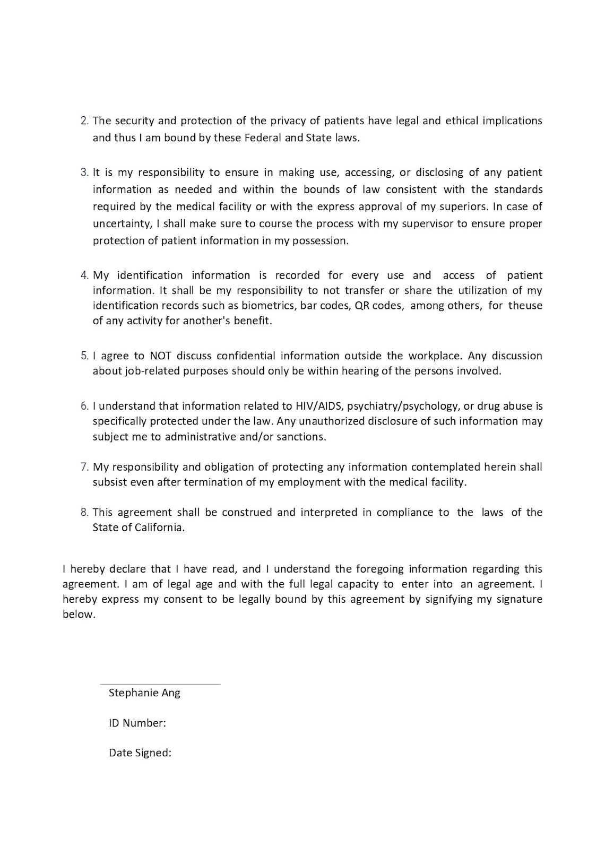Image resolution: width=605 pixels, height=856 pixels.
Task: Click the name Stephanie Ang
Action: click(x=144, y=693)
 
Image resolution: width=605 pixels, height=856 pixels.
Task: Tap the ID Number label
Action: click(x=137, y=723)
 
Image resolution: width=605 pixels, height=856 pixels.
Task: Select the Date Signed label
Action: click(x=140, y=753)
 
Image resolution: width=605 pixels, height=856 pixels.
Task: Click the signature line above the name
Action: click(x=160, y=684)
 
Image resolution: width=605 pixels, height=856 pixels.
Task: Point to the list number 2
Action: click(x=84, y=121)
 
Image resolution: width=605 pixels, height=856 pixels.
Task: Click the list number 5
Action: click(x=84, y=356)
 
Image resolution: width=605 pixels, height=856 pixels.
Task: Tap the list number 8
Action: click(x=84, y=513)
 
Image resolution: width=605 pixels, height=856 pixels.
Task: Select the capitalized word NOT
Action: click(x=160, y=356)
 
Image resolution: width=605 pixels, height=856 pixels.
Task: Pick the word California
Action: click(x=157, y=528)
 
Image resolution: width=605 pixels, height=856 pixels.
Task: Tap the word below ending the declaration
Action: click(x=79, y=615)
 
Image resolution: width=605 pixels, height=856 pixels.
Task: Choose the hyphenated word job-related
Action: click(x=152, y=371)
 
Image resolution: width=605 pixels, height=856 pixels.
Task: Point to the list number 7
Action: click(x=84, y=467)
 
